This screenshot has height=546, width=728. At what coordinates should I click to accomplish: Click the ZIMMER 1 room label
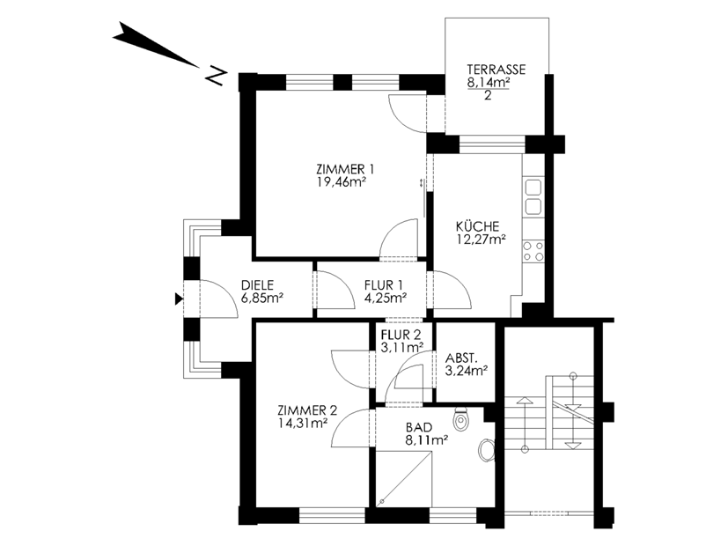345,169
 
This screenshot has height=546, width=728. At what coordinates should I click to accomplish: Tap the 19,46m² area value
342,181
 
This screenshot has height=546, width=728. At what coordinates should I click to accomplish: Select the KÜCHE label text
477,226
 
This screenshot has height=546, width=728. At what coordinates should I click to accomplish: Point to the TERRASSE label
496,70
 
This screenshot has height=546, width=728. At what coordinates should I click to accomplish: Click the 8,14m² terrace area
489,82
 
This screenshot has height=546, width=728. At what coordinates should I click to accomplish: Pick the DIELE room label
257,285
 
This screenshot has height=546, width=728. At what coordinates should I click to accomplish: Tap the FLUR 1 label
384,285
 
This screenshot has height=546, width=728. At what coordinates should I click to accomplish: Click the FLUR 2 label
401,335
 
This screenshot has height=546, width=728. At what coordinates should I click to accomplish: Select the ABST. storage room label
461,358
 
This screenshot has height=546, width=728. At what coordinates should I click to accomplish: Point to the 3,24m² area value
467,371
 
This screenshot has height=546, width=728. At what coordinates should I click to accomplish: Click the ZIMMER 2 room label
307,410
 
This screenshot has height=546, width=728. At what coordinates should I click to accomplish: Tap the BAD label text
419,427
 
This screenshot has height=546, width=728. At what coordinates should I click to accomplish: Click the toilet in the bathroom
460,419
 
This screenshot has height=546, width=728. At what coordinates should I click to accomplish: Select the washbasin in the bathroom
486,450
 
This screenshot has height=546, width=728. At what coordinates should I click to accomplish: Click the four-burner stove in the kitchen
533,251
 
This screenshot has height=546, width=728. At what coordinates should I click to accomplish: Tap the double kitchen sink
533,196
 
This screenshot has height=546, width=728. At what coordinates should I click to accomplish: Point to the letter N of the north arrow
216,77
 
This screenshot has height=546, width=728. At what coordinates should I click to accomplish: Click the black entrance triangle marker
179,299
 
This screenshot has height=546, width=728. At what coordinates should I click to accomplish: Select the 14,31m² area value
303,423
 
